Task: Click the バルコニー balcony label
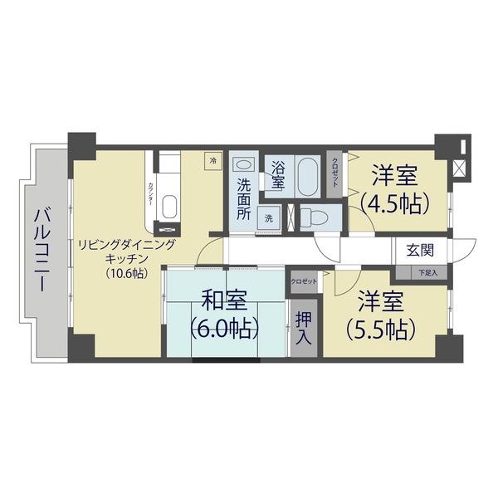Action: click(41, 250)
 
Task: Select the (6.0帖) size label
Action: click(224, 327)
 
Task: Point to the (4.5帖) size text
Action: click(394, 203)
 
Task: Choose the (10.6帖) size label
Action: click(126, 273)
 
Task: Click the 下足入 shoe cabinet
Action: click(427, 271)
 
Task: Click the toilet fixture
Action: click(314, 217)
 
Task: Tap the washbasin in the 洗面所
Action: click(242, 165)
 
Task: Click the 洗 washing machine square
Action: click(269, 218)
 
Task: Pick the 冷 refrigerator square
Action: click(213, 160)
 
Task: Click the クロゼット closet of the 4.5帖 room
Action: click(335, 172)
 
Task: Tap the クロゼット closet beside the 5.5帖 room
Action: click(304, 282)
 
